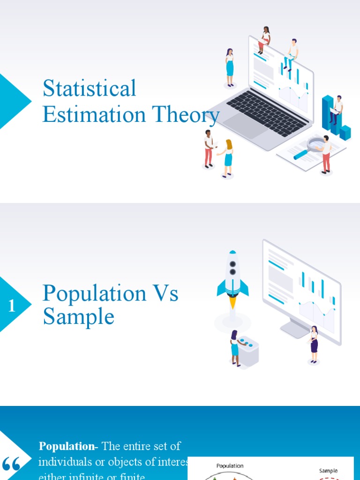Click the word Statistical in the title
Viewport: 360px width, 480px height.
[x=89, y=89]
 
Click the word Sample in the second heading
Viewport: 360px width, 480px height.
[x=78, y=317]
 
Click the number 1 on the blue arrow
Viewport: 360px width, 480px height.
[x=12, y=306]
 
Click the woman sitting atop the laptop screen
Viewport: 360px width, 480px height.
[x=265, y=40]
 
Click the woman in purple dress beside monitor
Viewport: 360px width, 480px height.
[x=314, y=344]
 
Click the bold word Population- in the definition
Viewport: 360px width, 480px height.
[x=68, y=446]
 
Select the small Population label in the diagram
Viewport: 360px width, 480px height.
[x=230, y=465]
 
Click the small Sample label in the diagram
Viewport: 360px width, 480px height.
[x=328, y=470]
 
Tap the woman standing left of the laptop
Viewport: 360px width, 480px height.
[x=230, y=67]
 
